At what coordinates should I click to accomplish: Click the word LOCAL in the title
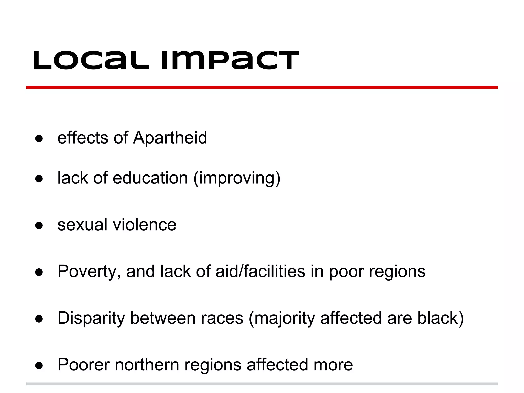click(x=91, y=61)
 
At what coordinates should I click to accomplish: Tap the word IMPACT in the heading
click(x=230, y=61)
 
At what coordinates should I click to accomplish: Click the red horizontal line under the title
click(x=262, y=88)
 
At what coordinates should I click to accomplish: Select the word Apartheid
click(x=170, y=138)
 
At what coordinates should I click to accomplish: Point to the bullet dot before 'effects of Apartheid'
click(x=39, y=138)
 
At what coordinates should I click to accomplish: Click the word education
click(x=150, y=178)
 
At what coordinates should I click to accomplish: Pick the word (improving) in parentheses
click(x=237, y=179)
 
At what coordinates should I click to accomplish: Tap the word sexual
click(x=82, y=225)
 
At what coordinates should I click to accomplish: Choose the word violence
click(x=145, y=225)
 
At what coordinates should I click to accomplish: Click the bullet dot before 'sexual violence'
click(x=39, y=225)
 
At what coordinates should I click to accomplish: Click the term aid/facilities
click(x=260, y=271)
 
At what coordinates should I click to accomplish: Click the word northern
click(x=147, y=365)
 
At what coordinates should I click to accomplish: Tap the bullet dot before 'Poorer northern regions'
click(x=39, y=365)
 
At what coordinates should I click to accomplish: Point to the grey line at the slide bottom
click(x=262, y=384)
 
